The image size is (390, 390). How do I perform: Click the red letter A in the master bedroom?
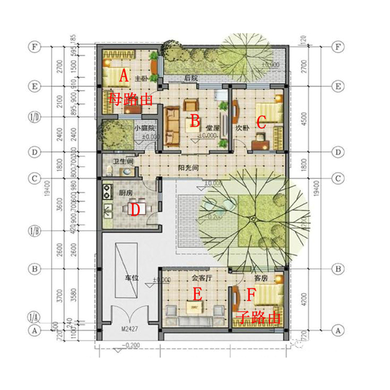tap(123, 76)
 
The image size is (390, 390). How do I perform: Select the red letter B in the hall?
tap(195, 121)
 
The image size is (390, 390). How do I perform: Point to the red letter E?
tap(197, 294)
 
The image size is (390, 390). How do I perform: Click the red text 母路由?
tap(131, 99)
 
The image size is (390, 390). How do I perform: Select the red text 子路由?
tap(259, 317)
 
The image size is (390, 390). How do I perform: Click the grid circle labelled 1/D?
tap(35, 116)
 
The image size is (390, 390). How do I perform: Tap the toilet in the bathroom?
tap(109, 170)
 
